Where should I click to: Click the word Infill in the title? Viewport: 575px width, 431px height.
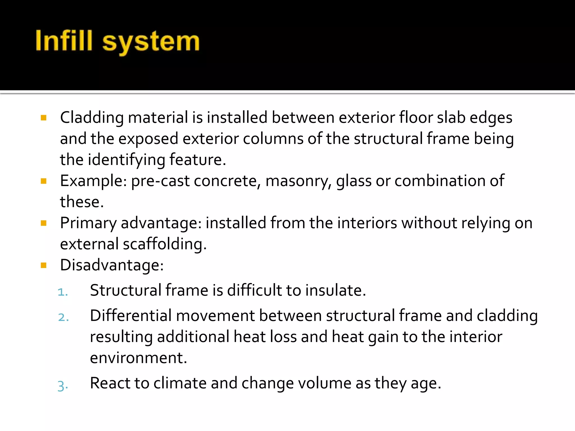pyautogui.click(x=64, y=41)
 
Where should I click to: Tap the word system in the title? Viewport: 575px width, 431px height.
pyautogui.click(x=151, y=42)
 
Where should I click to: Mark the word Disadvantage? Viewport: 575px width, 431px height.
pyautogui.click(x=112, y=265)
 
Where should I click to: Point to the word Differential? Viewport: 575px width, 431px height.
pyautogui.click(x=131, y=316)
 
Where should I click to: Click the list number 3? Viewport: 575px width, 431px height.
pyautogui.click(x=63, y=386)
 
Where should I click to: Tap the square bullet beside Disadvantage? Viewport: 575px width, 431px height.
pyautogui.click(x=44, y=265)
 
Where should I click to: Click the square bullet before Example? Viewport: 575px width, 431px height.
pyautogui.click(x=44, y=181)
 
